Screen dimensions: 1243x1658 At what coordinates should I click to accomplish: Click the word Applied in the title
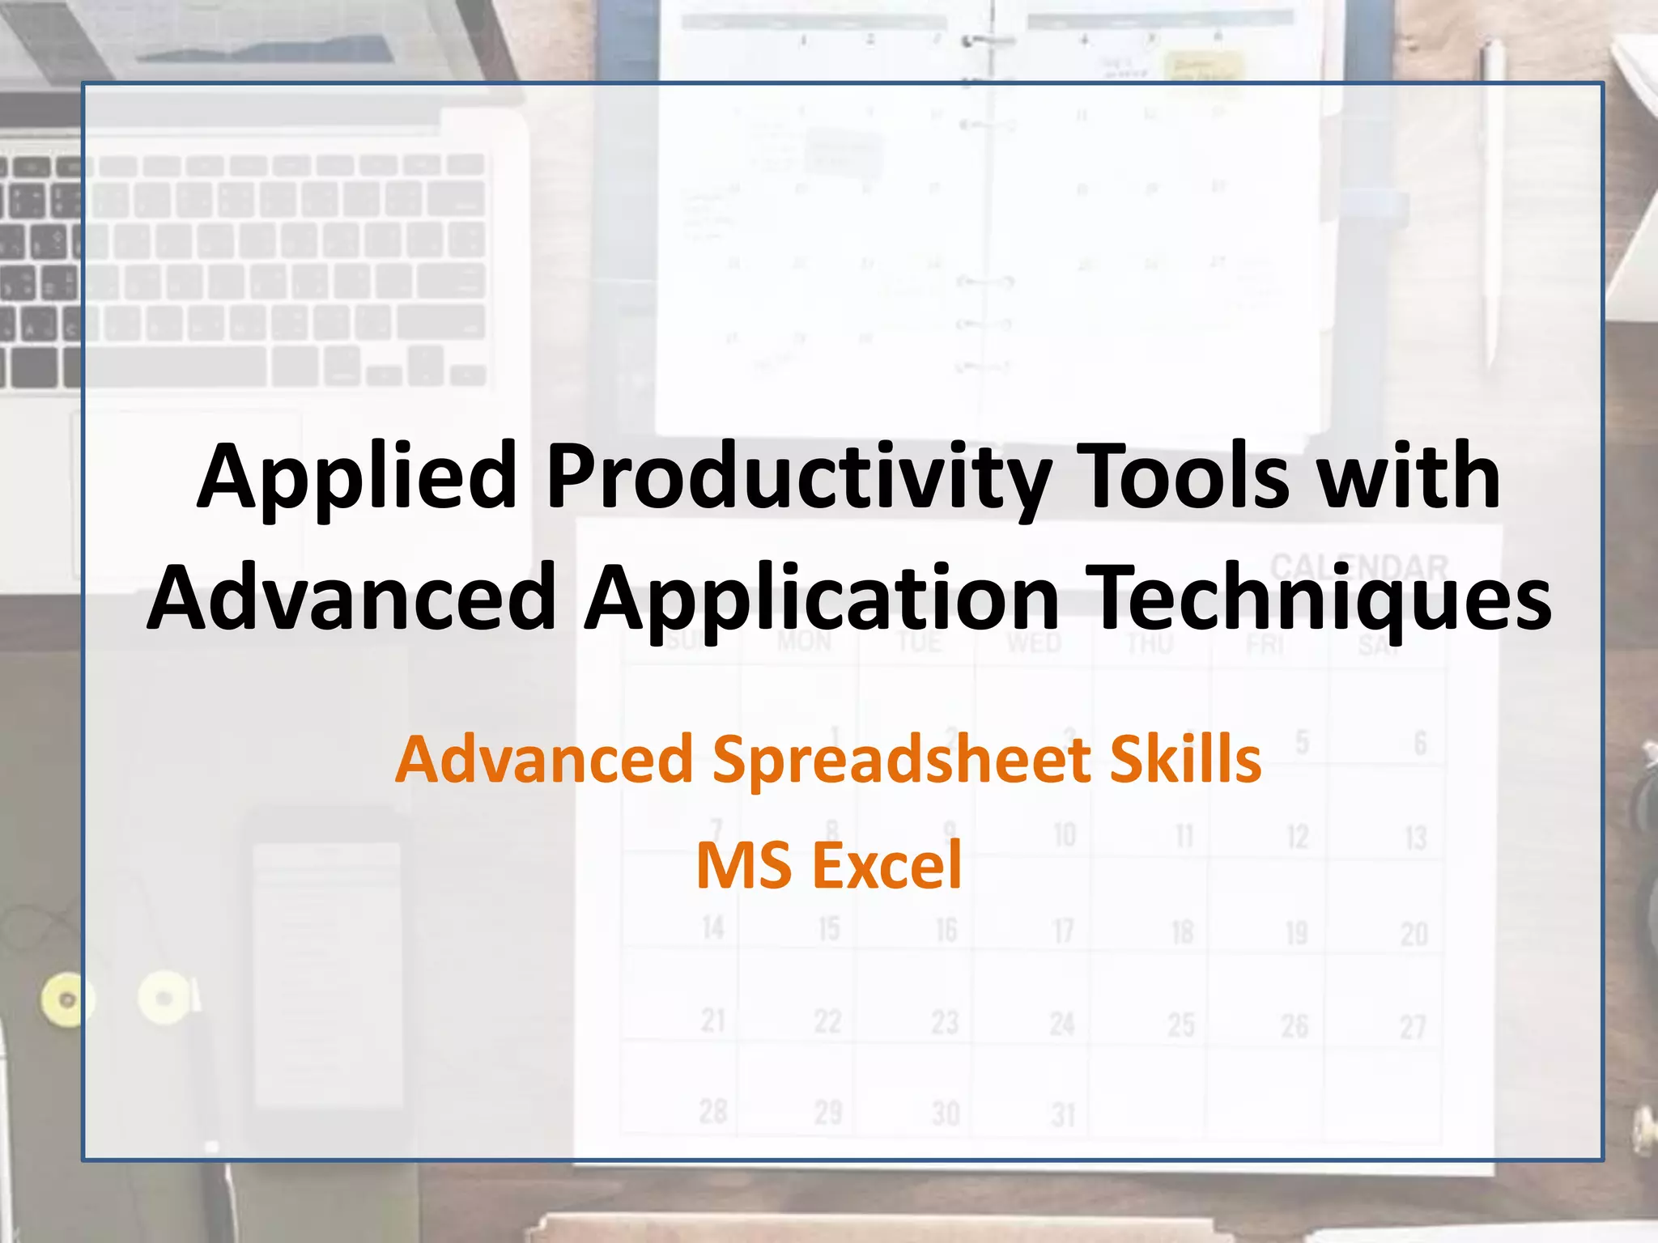[x=357, y=477]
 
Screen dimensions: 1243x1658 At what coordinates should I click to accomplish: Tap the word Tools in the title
[x=1186, y=477]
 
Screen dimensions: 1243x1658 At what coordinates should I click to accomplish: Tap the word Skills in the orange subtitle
[x=1184, y=761]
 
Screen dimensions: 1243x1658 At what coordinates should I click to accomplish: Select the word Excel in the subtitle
[x=886, y=866]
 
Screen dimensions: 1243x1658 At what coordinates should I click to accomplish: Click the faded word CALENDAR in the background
[x=1358, y=566]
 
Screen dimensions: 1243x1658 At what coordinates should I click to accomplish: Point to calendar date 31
[x=1063, y=1115]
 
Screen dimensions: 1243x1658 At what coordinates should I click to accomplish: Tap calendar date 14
[x=712, y=928]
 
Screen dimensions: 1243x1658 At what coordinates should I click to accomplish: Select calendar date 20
[x=1414, y=934]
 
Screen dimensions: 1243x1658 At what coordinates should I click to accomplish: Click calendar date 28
[x=712, y=1112]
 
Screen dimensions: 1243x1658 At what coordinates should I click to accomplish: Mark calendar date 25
[x=1180, y=1025]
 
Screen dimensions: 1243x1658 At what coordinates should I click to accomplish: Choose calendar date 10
[x=1065, y=834]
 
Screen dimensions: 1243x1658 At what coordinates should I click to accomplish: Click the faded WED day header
[x=1034, y=643]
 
